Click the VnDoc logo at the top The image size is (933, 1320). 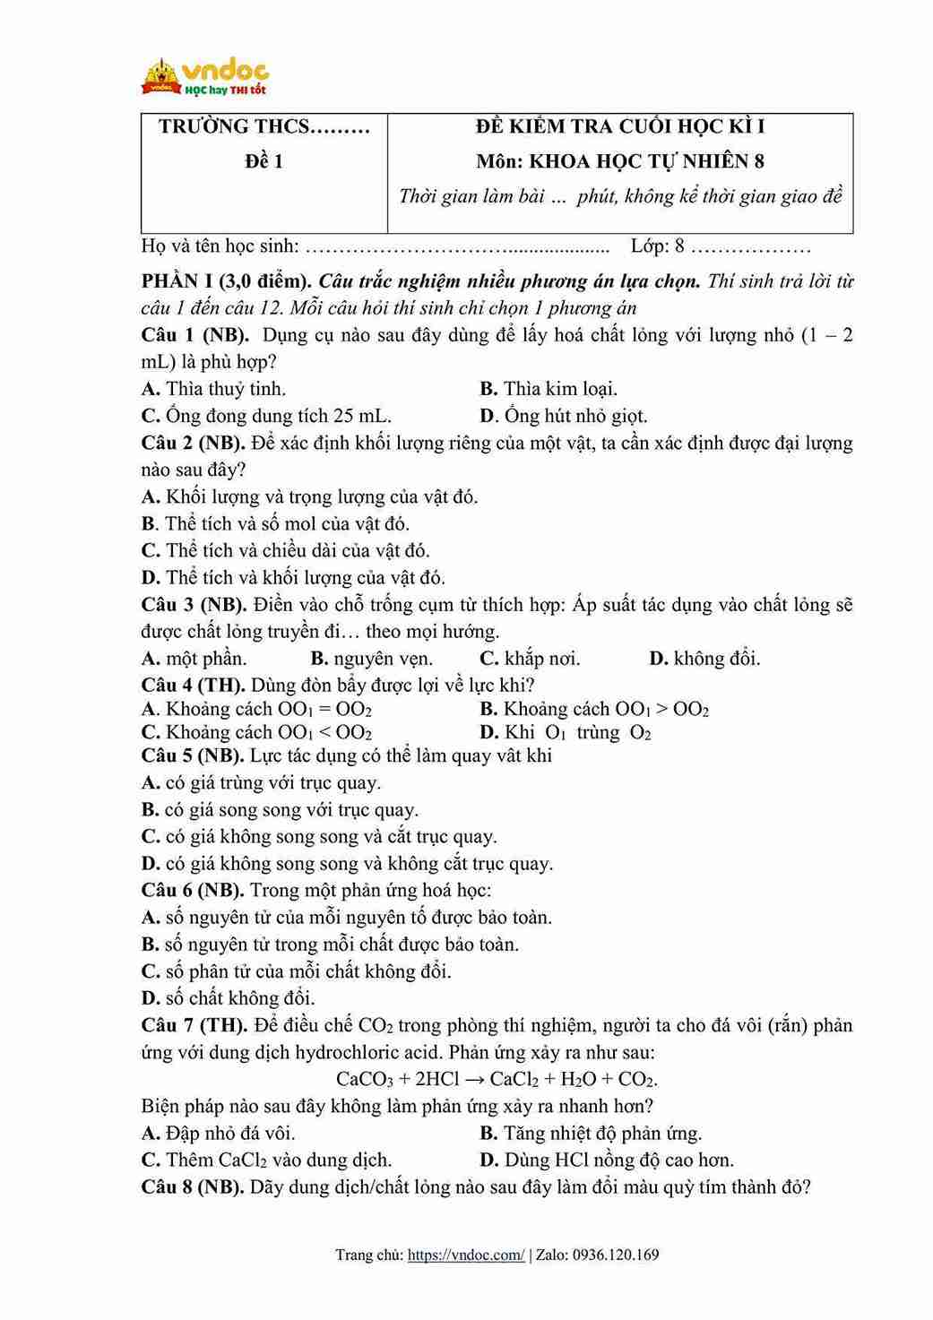(205, 77)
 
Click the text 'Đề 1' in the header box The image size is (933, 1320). (263, 161)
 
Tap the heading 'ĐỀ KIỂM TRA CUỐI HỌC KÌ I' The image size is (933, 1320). (620, 126)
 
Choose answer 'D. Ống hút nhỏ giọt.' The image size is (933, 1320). (563, 416)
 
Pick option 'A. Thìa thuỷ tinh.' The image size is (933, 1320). (213, 389)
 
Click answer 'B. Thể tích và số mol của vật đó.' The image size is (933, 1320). (275, 523)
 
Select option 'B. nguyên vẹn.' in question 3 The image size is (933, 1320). (371, 659)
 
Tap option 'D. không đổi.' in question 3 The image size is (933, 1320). (704, 659)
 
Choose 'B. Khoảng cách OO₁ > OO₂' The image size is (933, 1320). (594, 709)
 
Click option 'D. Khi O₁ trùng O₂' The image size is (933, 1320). (566, 732)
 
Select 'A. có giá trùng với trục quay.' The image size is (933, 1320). (261, 782)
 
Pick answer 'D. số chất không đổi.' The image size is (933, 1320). (228, 997)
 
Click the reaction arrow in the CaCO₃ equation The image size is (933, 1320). (474, 1079)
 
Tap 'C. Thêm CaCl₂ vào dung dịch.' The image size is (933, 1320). (266, 1160)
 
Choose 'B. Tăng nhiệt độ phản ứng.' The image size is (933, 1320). (591, 1133)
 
